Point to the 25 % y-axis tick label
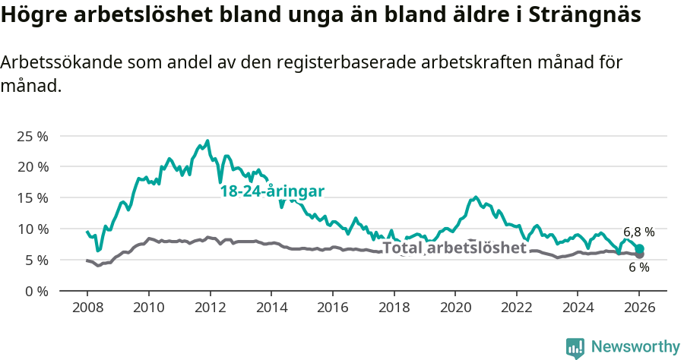pos(33,136)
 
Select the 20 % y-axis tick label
pos(33,167)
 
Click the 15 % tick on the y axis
pos(33,198)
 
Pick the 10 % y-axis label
pos(33,229)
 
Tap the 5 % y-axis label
pos(36,261)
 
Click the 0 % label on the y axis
pos(36,292)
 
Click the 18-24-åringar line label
pos(272,191)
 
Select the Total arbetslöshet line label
pos(454,248)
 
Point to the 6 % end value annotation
pos(638,267)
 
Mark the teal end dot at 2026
pos(639,249)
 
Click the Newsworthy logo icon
pos(575,347)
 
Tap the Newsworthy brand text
pos(635,347)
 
